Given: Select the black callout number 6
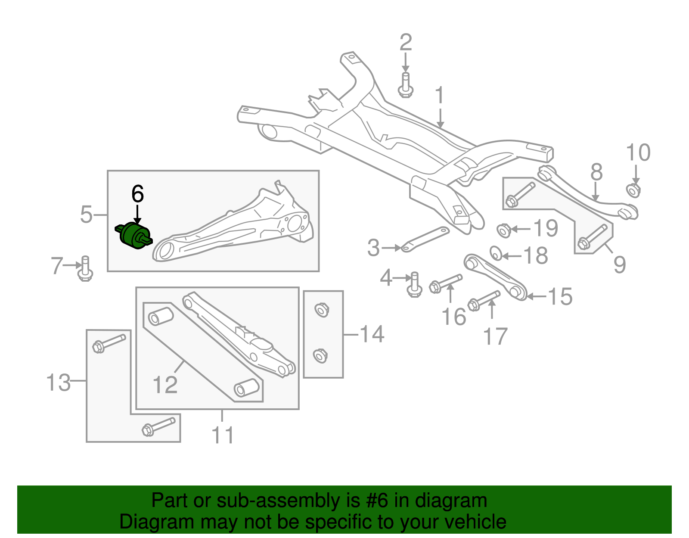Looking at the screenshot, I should point(137,194).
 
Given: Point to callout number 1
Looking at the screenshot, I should point(439,95).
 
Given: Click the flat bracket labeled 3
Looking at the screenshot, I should point(425,239).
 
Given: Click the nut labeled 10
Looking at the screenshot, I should point(633,190).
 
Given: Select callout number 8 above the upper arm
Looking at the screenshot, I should point(596,172).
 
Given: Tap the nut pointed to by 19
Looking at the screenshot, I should point(503,230).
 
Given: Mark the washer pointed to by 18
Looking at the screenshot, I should point(496,253).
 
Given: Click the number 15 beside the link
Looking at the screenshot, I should point(560,297).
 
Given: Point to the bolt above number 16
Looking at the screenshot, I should point(446,283).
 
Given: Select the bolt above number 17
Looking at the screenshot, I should point(484,300).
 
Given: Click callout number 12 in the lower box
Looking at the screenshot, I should point(165,384).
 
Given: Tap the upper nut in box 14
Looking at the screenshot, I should point(321,310).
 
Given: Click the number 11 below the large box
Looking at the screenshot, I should point(223,435).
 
